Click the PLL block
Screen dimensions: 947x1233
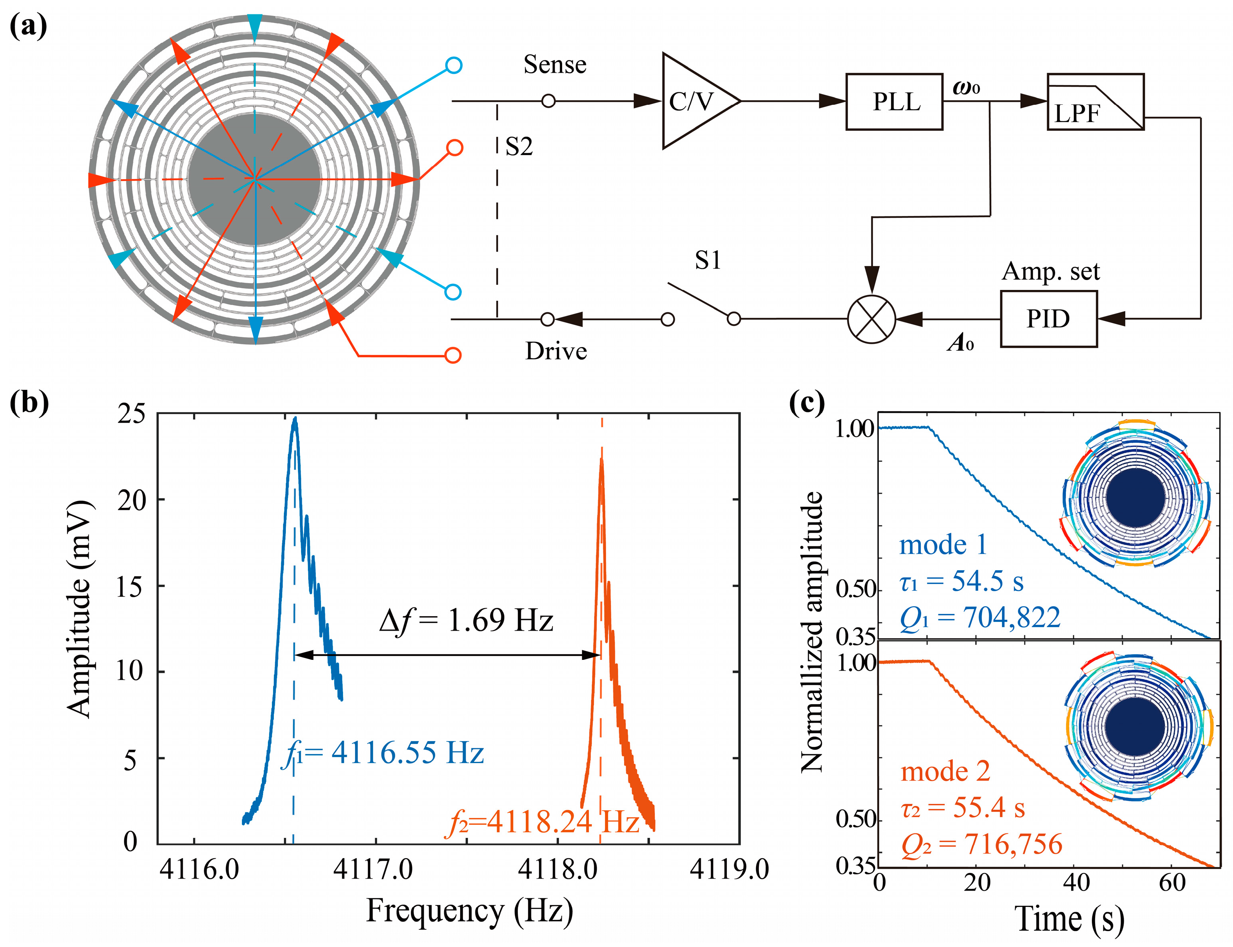[894, 102]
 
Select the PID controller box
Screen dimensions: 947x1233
[1048, 319]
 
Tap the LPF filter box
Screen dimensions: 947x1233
[1095, 102]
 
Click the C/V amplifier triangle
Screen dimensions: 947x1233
[694, 102]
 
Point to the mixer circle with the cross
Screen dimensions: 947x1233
[871, 319]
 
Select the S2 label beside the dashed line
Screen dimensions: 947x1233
[519, 147]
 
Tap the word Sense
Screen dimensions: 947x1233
[555, 65]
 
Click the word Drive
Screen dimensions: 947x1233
[556, 351]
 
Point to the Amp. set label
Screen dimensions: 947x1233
[1050, 272]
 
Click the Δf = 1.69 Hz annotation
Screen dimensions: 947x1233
[466, 621]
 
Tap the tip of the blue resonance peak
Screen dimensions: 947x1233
[295, 420]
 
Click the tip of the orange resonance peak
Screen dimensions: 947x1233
[601, 460]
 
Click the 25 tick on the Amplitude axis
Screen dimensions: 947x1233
[131, 414]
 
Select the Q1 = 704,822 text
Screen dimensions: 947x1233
[980, 618]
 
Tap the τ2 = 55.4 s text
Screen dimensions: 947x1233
[962, 807]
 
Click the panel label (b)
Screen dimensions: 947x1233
[29, 403]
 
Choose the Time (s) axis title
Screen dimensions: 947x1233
[1069, 920]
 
